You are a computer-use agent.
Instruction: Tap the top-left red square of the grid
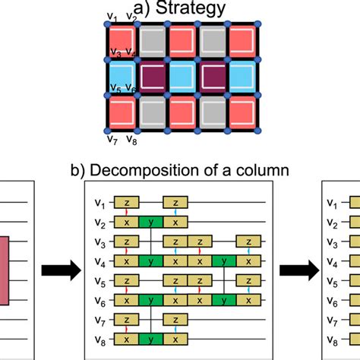pyautogui.click(x=122, y=39)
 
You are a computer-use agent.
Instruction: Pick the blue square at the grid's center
pyautogui.click(x=182, y=76)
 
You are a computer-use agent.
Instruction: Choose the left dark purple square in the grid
pyautogui.click(x=151, y=76)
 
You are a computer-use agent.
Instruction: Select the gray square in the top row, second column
pyautogui.click(x=151, y=39)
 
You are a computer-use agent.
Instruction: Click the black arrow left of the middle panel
pyautogui.click(x=54, y=270)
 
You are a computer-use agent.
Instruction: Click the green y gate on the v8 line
pyautogui.click(x=153, y=339)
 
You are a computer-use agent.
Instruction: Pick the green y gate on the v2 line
pyautogui.click(x=153, y=222)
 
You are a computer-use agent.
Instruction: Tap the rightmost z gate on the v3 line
pyautogui.click(x=245, y=241)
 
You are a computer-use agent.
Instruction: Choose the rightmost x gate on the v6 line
pyautogui.click(x=245, y=300)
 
